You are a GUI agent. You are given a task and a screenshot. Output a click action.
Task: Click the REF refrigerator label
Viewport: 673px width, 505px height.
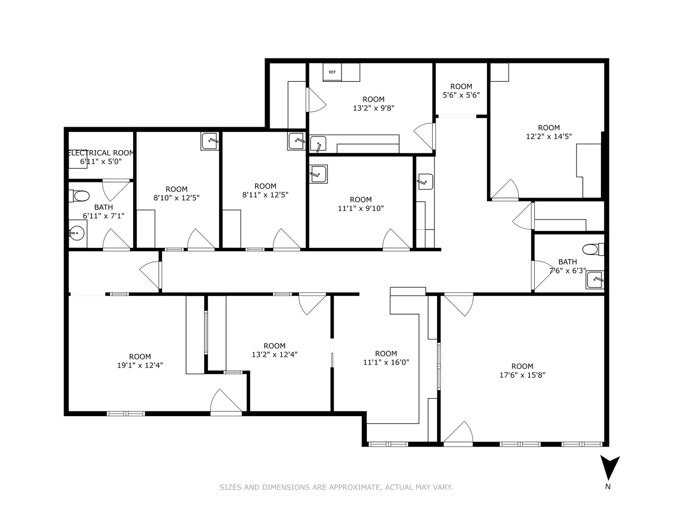pyautogui.click(x=332, y=72)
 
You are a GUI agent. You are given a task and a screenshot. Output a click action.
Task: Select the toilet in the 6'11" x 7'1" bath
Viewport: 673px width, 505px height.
pyautogui.click(x=79, y=195)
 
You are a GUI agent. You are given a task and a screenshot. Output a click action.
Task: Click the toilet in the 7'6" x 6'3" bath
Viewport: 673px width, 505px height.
pyautogui.click(x=593, y=249)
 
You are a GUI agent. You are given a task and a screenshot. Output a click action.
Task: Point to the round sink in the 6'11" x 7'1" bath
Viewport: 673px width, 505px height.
pyautogui.click(x=76, y=234)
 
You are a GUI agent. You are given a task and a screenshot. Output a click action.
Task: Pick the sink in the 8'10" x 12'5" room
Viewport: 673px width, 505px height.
pyautogui.click(x=210, y=141)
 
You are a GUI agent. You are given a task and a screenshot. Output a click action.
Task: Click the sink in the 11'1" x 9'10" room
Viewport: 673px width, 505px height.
pyautogui.click(x=318, y=174)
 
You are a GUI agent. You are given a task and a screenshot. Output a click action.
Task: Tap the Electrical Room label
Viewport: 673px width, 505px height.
pyautogui.click(x=101, y=153)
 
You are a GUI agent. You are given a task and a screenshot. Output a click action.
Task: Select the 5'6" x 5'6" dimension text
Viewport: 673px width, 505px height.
pyautogui.click(x=461, y=95)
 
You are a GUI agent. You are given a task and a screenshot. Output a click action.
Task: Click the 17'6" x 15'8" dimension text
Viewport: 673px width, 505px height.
pyautogui.click(x=523, y=375)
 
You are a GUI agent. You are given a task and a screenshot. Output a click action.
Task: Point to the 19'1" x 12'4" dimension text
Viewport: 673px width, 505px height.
pyautogui.click(x=140, y=365)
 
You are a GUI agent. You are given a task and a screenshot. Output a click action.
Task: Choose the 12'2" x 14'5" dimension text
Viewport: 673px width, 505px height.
pyautogui.click(x=549, y=137)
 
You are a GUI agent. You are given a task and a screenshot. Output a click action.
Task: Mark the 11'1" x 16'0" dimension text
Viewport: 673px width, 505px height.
pyautogui.click(x=386, y=362)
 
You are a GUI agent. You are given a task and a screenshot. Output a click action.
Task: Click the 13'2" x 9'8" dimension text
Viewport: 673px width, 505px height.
pyautogui.click(x=373, y=108)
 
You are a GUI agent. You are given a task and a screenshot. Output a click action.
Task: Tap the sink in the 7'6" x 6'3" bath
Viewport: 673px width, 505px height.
pyautogui.click(x=595, y=280)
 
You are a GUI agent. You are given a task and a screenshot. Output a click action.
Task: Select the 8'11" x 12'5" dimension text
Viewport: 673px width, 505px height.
pyautogui.click(x=265, y=195)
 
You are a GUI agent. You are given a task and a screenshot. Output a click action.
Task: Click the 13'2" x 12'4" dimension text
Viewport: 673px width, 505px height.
pyautogui.click(x=274, y=354)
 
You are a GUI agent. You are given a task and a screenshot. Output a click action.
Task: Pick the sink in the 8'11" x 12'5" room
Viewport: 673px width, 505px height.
pyautogui.click(x=296, y=141)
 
